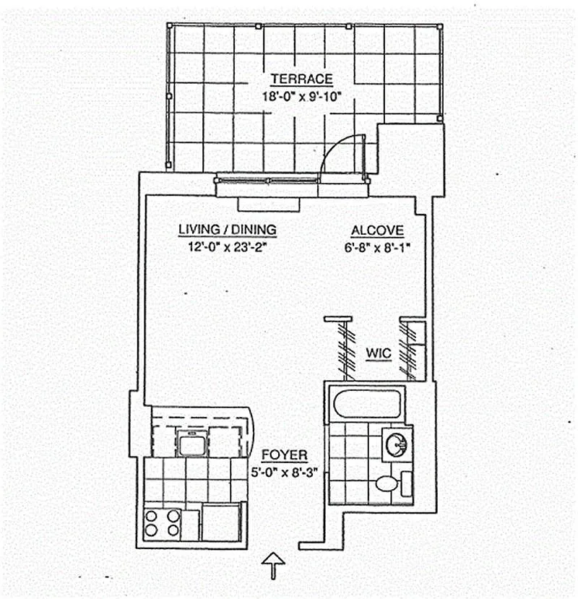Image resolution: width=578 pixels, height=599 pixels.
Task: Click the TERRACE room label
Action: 301,79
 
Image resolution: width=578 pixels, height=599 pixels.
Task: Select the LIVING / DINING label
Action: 227,230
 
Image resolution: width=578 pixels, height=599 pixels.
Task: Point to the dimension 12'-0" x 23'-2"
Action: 227,246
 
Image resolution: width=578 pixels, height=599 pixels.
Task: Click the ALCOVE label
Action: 376,230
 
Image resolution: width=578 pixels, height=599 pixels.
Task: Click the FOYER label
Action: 284,455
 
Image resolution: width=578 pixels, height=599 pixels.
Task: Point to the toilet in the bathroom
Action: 389,483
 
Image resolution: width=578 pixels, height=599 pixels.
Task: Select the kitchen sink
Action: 192,442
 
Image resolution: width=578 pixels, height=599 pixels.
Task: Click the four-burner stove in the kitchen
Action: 163,523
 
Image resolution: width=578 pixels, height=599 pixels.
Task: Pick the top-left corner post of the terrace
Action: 169,25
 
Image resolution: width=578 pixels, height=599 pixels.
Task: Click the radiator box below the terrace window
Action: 268,203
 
